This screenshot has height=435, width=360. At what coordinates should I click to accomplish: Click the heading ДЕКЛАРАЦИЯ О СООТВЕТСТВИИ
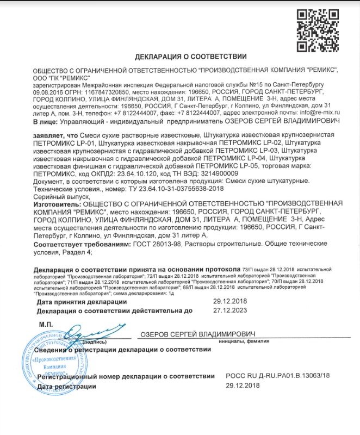tap(190, 57)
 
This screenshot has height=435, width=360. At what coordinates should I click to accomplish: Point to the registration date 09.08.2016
tap(47, 92)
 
